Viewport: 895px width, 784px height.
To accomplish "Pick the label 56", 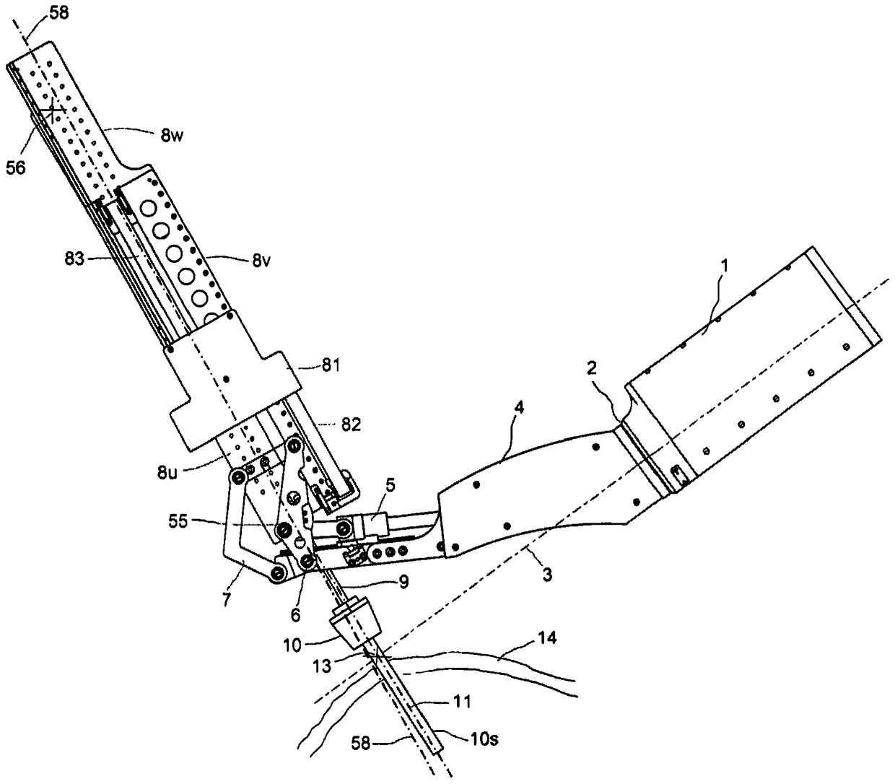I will (x=17, y=167).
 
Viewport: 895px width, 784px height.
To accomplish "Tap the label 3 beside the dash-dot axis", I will (x=547, y=575).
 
